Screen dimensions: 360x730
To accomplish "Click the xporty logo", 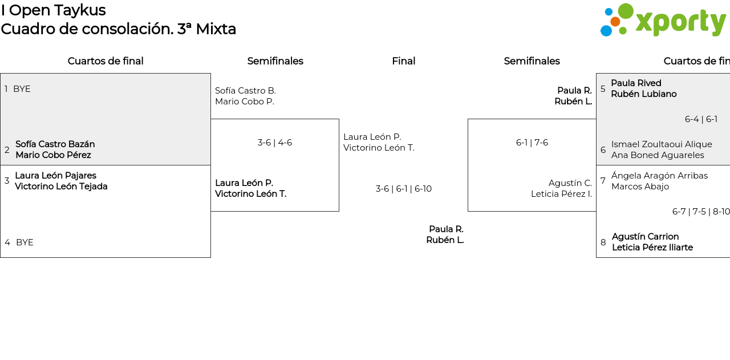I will coord(663,21).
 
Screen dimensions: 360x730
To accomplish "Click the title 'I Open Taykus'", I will coord(53,10).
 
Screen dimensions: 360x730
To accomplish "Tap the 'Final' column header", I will coord(403,61).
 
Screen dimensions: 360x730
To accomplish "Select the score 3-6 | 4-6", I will coord(274,143).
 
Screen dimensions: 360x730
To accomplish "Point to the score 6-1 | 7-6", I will coord(532,143).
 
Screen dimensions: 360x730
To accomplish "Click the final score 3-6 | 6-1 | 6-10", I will coord(403,189).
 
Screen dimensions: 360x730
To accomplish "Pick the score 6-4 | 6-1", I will coord(701,119).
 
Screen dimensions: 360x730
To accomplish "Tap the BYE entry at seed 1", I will coord(22,89).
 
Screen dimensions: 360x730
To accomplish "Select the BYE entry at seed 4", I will coord(25,242).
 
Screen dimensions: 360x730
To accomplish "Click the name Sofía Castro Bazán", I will coord(55,144).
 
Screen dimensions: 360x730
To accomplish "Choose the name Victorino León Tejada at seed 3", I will coord(61,187).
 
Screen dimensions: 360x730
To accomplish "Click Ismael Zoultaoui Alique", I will coord(662,144).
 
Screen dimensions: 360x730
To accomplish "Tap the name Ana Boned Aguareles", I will coord(658,155).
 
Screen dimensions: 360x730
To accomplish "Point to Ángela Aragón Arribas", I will coord(659,176).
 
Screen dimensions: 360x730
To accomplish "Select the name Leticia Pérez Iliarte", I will coord(652,248).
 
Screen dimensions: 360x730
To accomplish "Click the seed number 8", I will coord(603,242).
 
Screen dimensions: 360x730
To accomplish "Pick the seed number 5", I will coord(603,89).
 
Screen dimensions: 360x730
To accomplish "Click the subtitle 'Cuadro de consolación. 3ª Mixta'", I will coord(118,29).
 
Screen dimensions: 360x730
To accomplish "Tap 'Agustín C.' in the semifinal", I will coord(570,183).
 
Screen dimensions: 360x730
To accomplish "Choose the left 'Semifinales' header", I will coord(275,61).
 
